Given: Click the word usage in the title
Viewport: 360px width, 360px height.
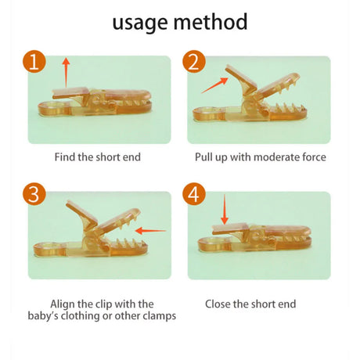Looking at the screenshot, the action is [140, 23].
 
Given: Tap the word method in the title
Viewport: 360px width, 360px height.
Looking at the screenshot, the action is [211, 22].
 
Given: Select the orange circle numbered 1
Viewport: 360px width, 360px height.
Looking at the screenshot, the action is [34, 62].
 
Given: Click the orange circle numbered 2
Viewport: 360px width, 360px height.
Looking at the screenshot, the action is [194, 62].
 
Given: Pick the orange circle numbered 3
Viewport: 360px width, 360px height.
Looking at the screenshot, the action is [34, 194].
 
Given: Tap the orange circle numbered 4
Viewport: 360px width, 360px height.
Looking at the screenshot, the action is [194, 194].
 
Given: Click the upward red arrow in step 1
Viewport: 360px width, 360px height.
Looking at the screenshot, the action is [67, 73].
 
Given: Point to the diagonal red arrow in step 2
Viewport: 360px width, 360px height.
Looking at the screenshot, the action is [214, 85].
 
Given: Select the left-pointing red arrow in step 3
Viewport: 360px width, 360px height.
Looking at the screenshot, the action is [150, 231].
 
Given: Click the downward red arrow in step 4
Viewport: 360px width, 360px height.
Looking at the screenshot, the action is [225, 209].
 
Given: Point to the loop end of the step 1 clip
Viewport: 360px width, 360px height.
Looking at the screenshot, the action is [54, 109].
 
